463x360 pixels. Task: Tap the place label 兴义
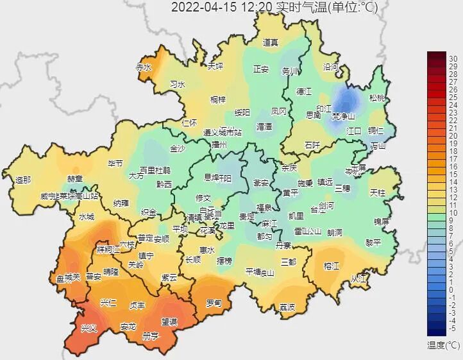pyautogui.click(x=88, y=328)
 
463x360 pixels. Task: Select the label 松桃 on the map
pyautogui.click(x=378, y=98)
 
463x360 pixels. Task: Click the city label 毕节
pyautogui.click(x=115, y=164)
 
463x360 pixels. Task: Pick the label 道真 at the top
pyautogui.click(x=271, y=43)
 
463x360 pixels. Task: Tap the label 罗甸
pyautogui.click(x=214, y=303)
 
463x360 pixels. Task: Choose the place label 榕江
pyautogui.click(x=331, y=266)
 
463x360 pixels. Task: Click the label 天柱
pyautogui.click(x=378, y=193)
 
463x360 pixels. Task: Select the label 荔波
pyautogui.click(x=287, y=307)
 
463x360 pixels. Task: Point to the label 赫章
pyautogui.click(x=75, y=179)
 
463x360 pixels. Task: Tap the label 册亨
pyautogui.click(x=150, y=336)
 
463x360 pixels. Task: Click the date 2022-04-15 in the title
pyautogui.click(x=199, y=8)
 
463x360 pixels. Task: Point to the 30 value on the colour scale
pyautogui.click(x=453, y=58)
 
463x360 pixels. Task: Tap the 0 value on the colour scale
pyautogui.click(x=453, y=289)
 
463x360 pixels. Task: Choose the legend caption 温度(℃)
pyautogui.click(x=444, y=345)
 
